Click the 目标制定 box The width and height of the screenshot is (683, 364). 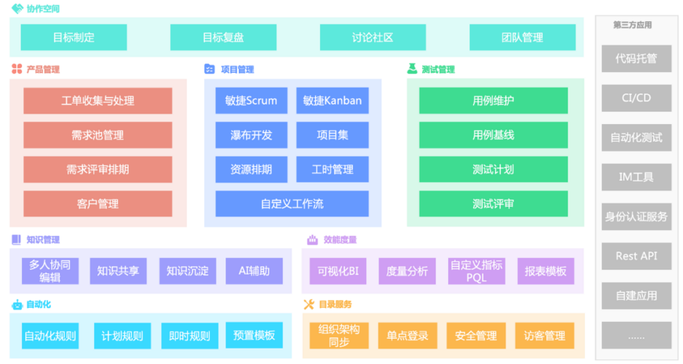tap(74, 37)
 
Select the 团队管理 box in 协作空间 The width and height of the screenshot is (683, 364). tap(522, 37)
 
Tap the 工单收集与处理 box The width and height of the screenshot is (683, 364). tap(97, 101)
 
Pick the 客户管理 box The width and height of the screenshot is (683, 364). tap(97, 203)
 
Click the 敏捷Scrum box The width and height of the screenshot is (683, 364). tap(251, 101)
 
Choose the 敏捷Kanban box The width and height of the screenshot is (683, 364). tap(332, 101)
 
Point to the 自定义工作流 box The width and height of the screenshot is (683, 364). tap(292, 203)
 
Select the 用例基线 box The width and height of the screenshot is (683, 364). tap(494, 135)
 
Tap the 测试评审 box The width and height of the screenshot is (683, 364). tap(494, 203)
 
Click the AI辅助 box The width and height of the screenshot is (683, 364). tap(254, 271)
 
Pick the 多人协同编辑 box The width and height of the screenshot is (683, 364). tap(49, 271)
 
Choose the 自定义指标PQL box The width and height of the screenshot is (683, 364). tap(476, 271)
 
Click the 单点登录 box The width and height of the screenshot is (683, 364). tap(408, 336)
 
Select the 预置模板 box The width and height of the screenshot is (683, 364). tap(254, 335)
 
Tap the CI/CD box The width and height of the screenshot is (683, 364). tap(636, 98)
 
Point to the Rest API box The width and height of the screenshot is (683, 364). tap(636, 256)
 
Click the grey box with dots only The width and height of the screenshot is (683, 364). tap(636, 335)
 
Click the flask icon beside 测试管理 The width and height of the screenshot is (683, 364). tap(412, 69)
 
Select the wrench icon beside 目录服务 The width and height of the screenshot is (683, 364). tap(309, 304)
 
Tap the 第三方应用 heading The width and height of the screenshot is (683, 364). tap(632, 25)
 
